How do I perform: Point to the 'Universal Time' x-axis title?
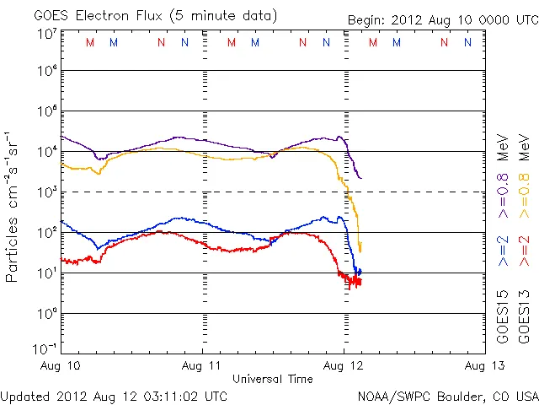point(272,379)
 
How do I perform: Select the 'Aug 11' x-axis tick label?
point(203,365)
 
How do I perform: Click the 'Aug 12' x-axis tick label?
point(344,365)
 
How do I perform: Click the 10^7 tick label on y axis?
point(46,33)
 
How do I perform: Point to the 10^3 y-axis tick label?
point(46,192)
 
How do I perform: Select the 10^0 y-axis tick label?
point(46,314)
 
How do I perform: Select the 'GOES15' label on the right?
point(504,321)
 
